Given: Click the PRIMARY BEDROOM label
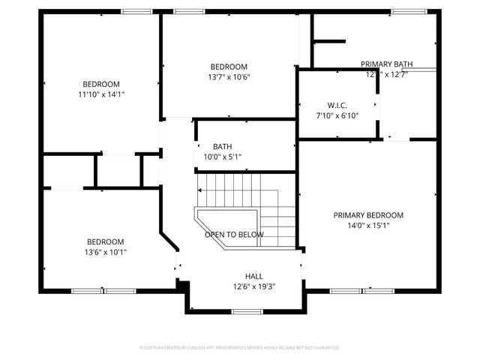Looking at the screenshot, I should pos(368,214).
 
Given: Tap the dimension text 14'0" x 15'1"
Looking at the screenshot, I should pos(368,225).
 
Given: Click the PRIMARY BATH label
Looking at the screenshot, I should pos(386,64).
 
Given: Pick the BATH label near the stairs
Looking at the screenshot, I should pos(222,147).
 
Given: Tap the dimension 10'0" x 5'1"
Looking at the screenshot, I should pos(222,157).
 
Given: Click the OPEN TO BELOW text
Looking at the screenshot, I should pos(234,235).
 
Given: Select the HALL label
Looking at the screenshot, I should pos(254,277).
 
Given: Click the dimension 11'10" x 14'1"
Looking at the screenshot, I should pos(100,94).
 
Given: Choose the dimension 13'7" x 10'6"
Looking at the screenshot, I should pos(229,77).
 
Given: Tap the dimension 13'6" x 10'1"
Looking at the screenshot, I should pos(105,252).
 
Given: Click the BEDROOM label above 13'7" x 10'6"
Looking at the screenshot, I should pos(229,67).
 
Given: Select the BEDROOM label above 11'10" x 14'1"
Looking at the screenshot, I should pos(100,84).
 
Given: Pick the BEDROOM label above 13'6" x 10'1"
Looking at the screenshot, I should pos(105,241).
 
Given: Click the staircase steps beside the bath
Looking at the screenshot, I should pos(247,191).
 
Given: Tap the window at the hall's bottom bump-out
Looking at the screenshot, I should pos(246,310).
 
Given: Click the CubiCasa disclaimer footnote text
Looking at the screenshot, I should pos(240,348).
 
